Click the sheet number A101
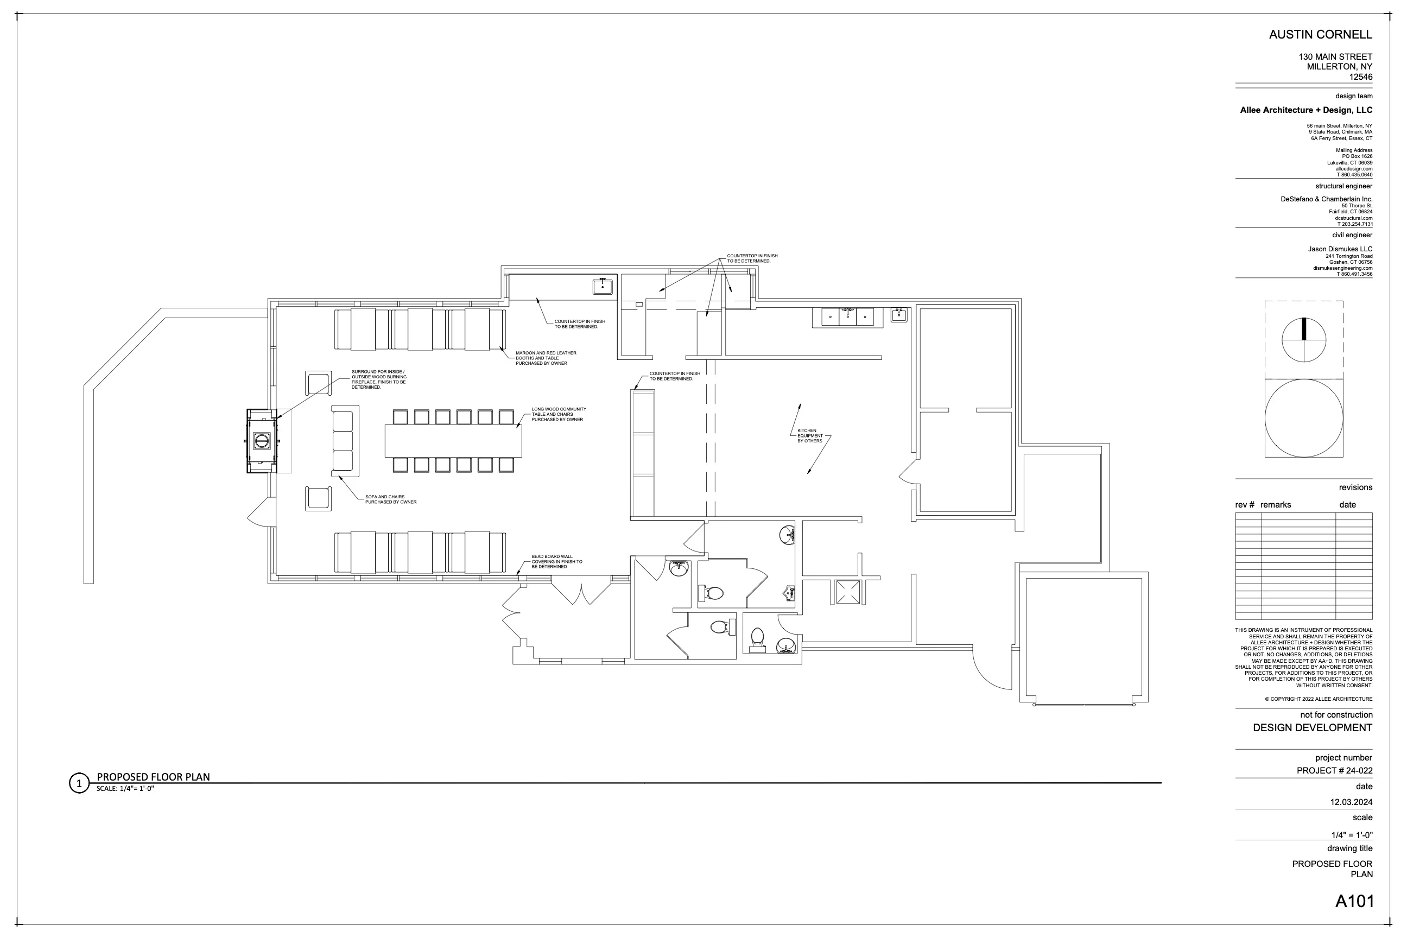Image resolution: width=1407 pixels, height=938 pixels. point(1354,901)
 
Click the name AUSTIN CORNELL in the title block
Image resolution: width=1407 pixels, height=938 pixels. point(1321,35)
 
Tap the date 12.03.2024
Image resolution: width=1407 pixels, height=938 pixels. point(1352,802)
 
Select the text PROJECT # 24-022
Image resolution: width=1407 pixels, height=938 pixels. point(1335,770)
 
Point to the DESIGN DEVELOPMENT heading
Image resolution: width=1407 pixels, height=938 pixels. point(1313,728)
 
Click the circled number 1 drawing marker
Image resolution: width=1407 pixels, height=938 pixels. point(79,783)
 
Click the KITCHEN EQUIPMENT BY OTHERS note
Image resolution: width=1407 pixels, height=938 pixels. point(810,435)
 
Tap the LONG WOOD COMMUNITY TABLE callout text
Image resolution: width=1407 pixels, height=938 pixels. point(559,415)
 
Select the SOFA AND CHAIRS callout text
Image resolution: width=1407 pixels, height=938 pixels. point(391,499)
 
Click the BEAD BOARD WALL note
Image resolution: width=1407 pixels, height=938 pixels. point(557,562)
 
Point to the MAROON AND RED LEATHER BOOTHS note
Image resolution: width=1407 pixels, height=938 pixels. point(546,358)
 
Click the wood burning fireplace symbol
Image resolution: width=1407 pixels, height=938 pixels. point(262,441)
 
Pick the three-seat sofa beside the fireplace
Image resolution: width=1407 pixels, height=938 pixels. point(345,441)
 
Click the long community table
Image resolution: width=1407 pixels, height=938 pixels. point(453,441)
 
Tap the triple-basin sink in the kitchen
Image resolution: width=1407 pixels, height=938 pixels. point(847,317)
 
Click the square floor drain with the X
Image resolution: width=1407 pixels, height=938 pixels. point(848,592)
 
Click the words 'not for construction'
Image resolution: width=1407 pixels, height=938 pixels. point(1336,715)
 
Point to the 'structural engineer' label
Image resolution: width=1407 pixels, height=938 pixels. point(1343,186)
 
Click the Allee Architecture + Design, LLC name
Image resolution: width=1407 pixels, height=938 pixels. point(1306,110)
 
